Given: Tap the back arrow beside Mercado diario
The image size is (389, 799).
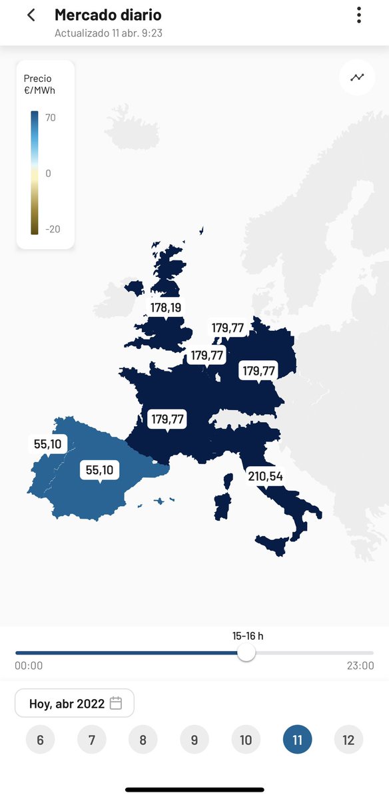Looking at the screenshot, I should tap(31, 15).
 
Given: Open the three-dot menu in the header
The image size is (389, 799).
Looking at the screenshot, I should tap(359, 15).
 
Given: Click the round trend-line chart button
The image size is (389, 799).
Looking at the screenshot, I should tap(358, 77).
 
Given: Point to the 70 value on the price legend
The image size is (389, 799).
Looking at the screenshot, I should tap(51, 118).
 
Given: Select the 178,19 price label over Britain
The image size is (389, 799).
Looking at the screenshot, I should tap(166, 307).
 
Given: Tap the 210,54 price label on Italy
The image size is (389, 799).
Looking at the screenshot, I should tap(265, 476).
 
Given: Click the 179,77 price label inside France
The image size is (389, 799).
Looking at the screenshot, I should tap(167, 419).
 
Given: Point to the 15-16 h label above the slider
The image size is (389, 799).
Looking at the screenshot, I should tap(248, 636).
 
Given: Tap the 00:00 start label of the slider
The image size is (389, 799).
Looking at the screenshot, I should tap(29, 665).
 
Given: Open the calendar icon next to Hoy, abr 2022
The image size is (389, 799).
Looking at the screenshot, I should tap(116, 703).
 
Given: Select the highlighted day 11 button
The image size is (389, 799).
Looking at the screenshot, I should tap(297, 740).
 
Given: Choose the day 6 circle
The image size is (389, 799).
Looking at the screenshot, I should tap(41, 740).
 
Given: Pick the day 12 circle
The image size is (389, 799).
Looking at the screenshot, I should tap(348, 740).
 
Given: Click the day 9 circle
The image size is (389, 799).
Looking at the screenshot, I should tap(195, 740).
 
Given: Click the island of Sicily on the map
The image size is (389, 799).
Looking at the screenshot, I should tap(272, 545).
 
